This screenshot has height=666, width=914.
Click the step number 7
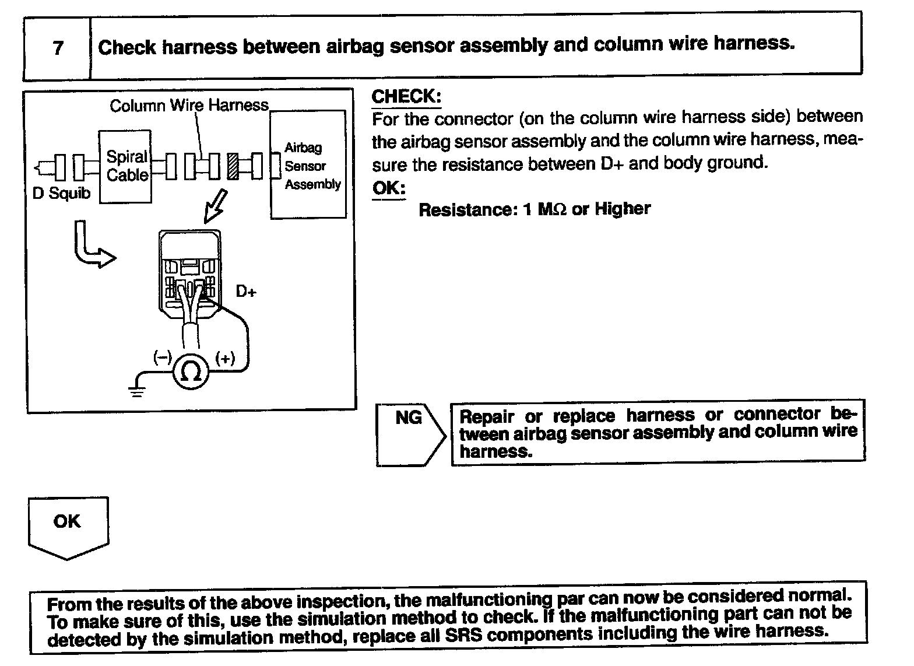(58, 47)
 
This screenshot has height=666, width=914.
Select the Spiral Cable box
(126, 166)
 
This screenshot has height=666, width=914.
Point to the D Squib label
(61, 193)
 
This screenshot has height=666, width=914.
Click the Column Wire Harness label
(189, 106)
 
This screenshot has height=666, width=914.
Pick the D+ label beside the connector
(246, 291)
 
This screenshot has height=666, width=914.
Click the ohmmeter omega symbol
(191, 370)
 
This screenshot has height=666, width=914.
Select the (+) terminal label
(225, 358)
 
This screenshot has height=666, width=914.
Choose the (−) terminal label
(161, 357)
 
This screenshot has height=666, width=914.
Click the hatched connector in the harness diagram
(234, 167)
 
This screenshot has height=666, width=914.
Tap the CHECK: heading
(406, 97)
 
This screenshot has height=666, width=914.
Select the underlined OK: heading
(388, 188)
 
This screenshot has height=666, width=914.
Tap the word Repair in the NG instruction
(487, 416)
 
